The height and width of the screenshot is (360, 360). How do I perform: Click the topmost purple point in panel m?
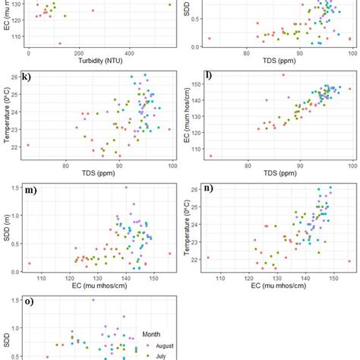[x=125, y=187]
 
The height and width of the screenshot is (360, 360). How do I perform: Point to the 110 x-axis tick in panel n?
[x=221, y=278]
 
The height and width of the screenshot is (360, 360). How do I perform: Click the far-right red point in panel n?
[x=349, y=261]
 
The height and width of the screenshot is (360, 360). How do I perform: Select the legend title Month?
[x=153, y=333]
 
